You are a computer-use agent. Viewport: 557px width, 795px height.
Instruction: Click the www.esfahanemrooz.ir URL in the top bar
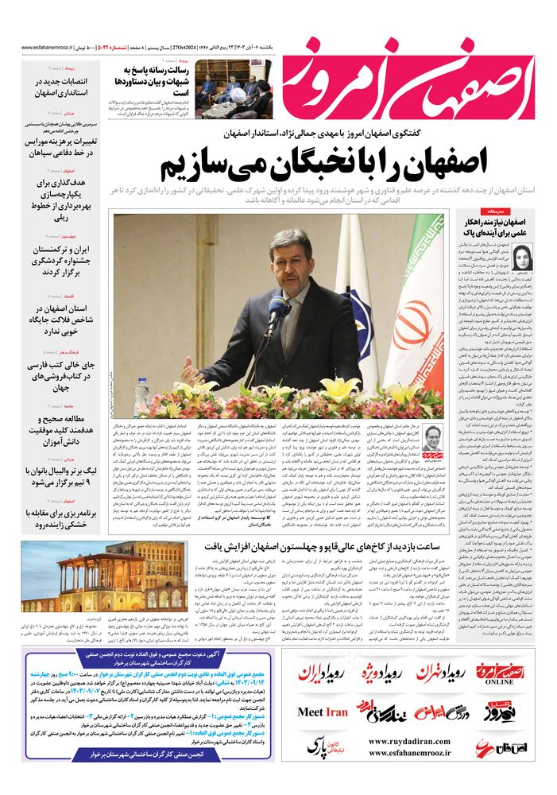tap(54, 47)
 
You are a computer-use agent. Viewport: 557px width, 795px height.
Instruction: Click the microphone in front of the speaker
tap(276, 307)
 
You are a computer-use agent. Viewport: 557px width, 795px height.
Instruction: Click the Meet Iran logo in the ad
tap(322, 712)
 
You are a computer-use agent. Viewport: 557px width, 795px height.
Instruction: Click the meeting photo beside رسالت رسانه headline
tap(232, 90)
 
